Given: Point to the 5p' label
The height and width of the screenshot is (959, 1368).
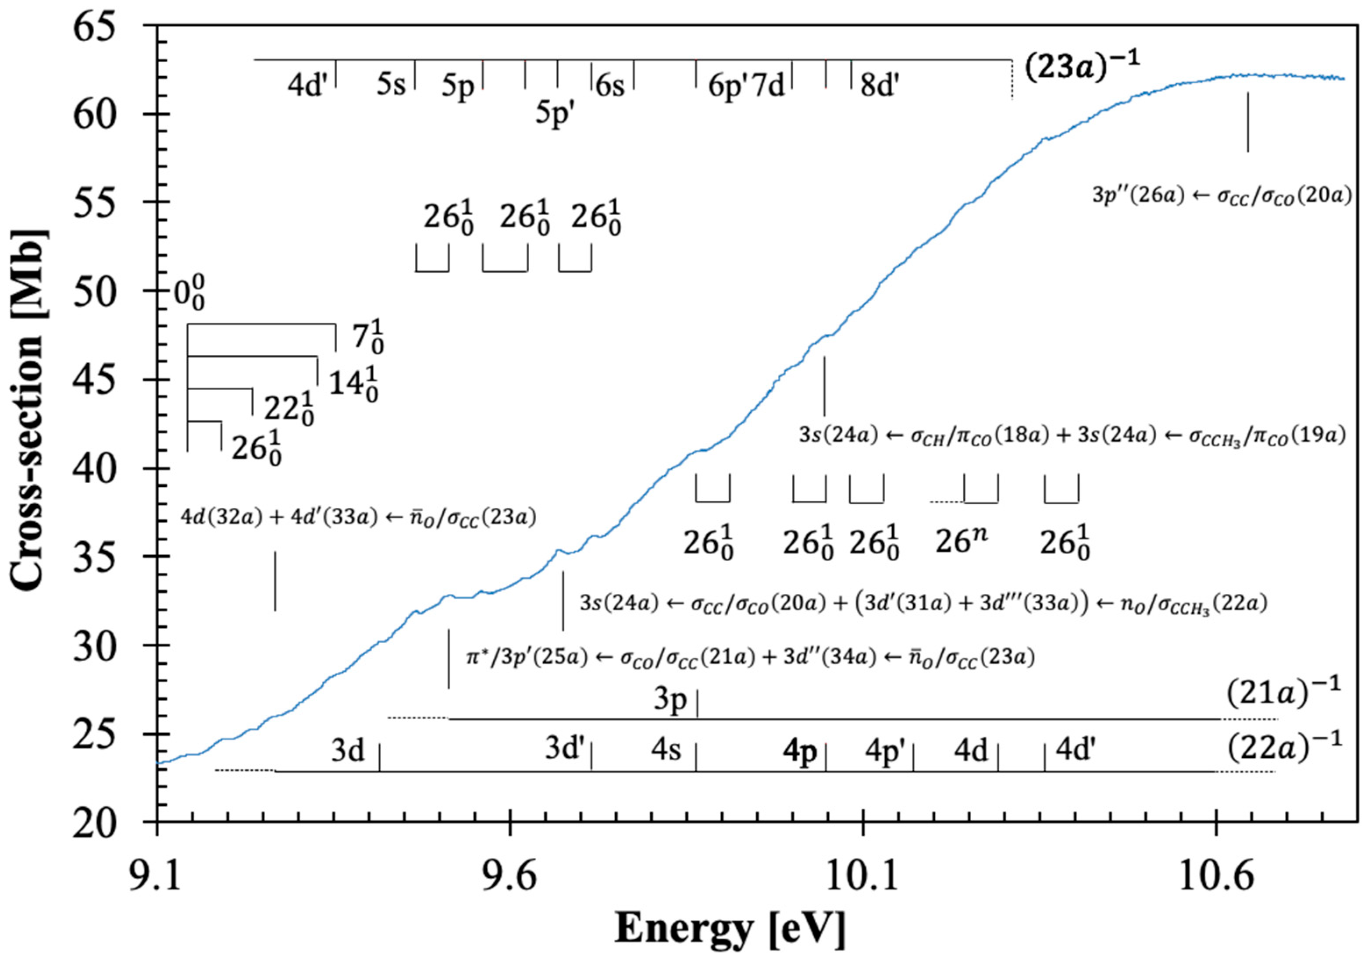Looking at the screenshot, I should click(x=555, y=113).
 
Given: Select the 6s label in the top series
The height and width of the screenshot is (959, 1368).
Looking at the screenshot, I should click(x=609, y=86).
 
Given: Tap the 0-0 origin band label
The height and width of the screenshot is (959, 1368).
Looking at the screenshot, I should click(x=189, y=296).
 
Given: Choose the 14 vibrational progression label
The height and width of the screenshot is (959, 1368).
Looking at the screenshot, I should click(x=354, y=385).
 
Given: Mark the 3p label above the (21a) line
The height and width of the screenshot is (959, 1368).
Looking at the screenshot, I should click(x=670, y=701).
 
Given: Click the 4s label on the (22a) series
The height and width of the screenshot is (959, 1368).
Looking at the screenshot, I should click(x=666, y=750).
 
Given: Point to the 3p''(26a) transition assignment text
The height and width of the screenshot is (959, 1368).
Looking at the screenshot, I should click(x=1222, y=196).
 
